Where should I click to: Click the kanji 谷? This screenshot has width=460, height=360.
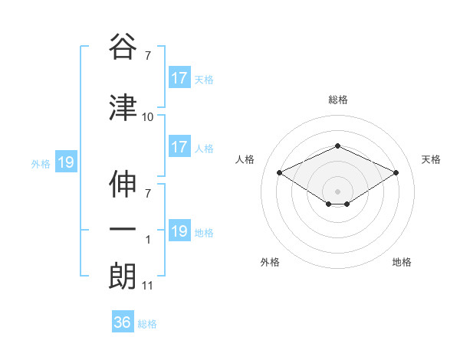tap(123, 47)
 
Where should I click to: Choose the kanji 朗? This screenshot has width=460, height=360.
tap(123, 276)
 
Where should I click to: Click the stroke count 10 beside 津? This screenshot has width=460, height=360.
tap(148, 117)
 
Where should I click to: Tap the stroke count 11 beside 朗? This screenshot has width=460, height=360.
tap(148, 286)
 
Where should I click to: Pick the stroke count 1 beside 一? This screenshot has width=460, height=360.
tap(148, 240)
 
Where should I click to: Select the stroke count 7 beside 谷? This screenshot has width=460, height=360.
tap(148, 56)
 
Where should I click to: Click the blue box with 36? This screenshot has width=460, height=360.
tap(123, 322)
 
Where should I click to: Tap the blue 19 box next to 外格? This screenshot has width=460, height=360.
tap(66, 162)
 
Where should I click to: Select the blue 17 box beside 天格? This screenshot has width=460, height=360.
tap(179, 78)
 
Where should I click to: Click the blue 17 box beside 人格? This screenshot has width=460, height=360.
tap(179, 147)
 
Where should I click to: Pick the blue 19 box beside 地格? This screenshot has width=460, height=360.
tap(179, 231)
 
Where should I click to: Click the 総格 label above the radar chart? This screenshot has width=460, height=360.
tap(338, 100)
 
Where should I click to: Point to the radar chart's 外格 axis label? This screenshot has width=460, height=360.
tap(270, 262)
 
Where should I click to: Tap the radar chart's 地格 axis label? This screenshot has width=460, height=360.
tap(402, 262)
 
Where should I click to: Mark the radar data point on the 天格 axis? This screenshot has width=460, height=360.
tap(396, 172)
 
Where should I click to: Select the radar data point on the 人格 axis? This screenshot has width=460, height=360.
tap(280, 172)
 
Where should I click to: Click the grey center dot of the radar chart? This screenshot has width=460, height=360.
tap(338, 191)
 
